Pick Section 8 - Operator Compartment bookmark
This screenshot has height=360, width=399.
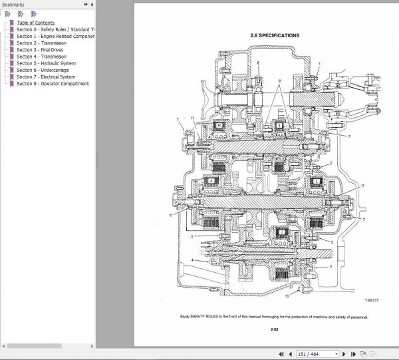coord(53,84)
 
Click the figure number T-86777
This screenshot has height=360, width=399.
coord(373,300)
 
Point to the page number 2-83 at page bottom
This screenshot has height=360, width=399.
coord(274,329)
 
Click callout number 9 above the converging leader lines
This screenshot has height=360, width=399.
coord(280,81)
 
